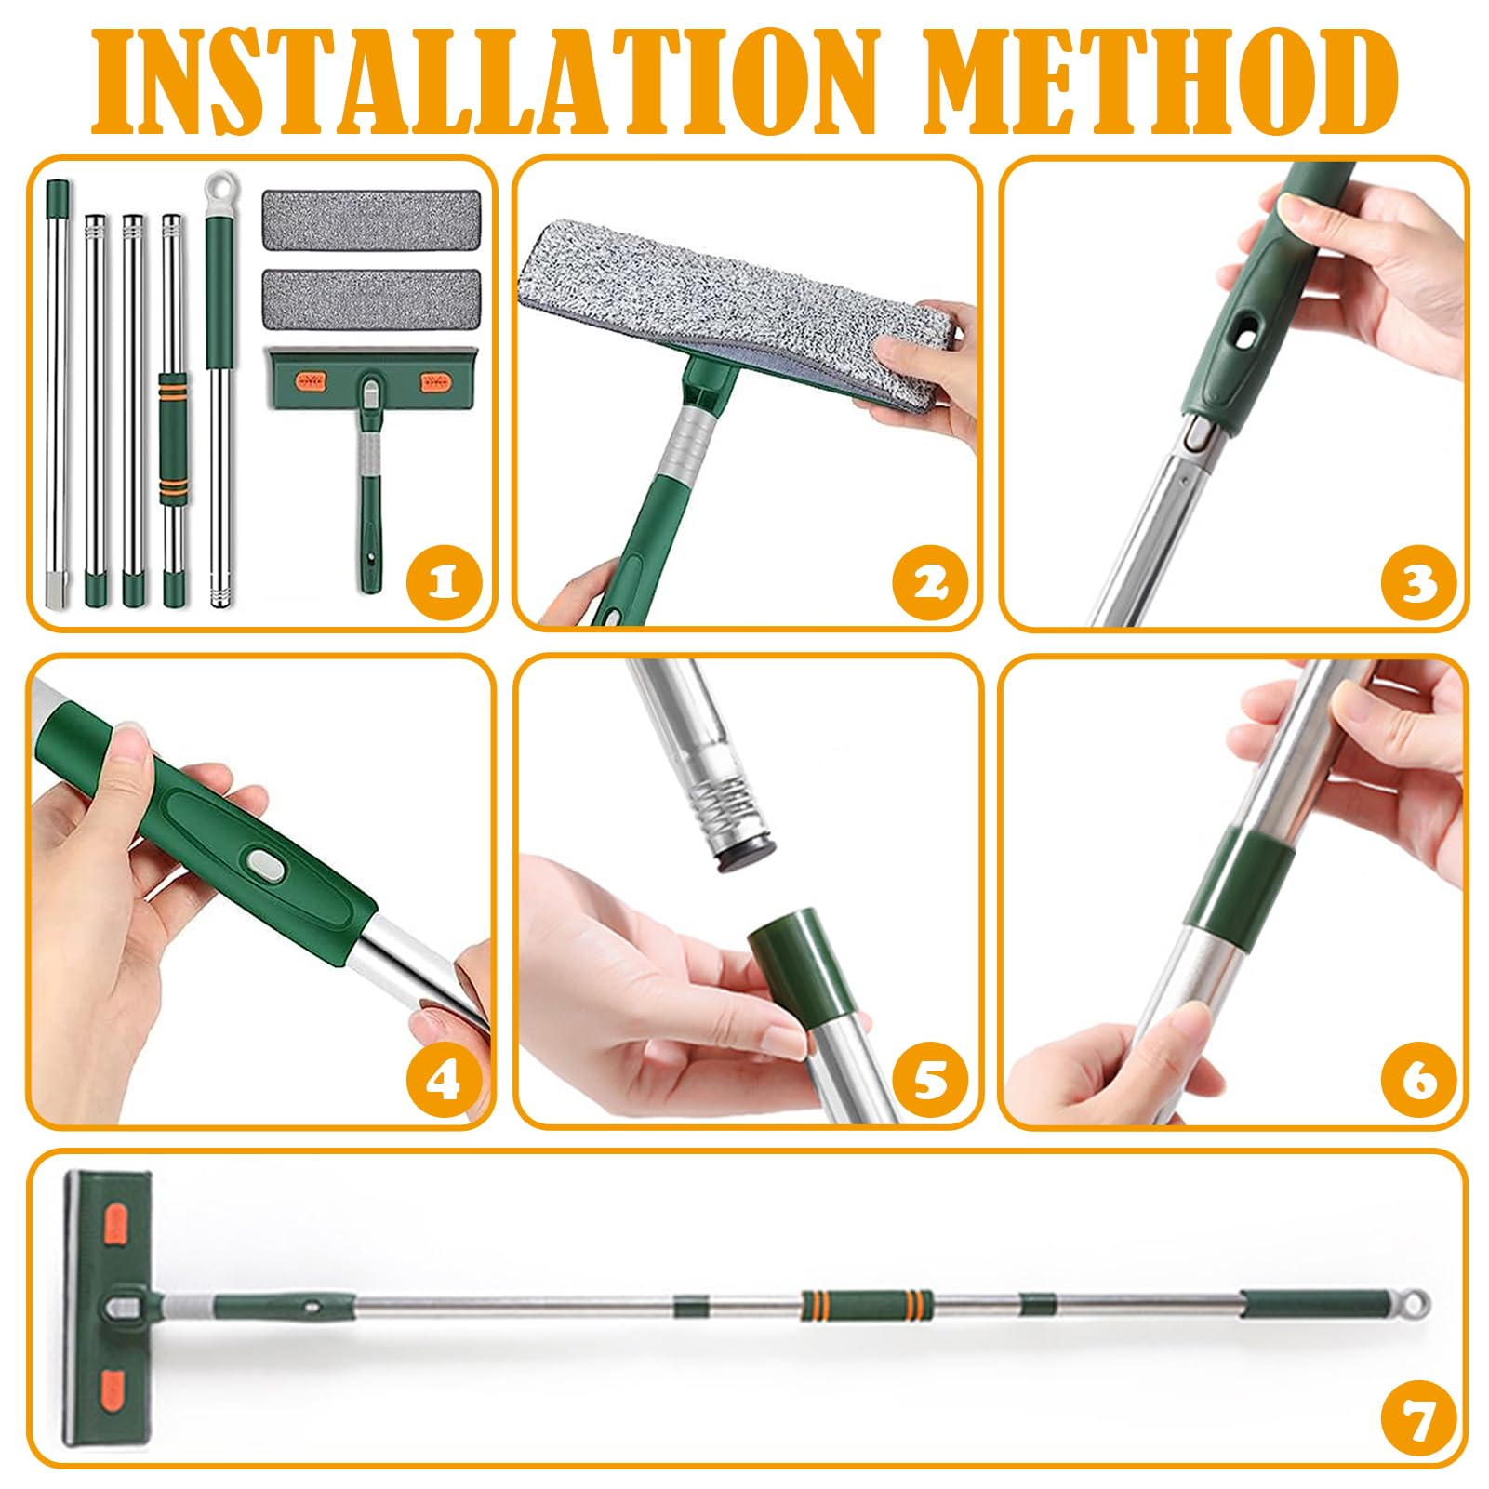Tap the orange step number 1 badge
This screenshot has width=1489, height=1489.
pyautogui.click(x=445, y=581)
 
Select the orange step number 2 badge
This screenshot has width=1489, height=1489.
pyautogui.click(x=930, y=581)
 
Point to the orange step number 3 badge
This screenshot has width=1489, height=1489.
pyautogui.click(x=1417, y=581)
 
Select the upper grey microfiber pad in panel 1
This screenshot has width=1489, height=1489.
pyautogui.click(x=372, y=219)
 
